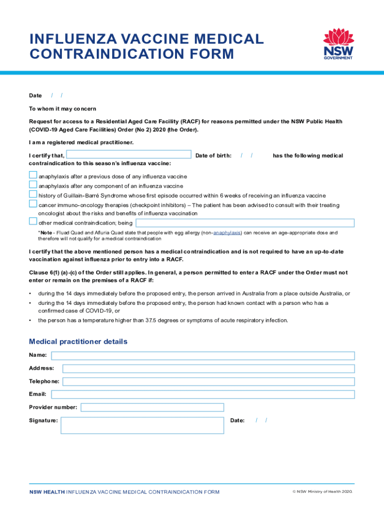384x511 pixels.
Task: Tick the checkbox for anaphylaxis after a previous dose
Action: coord(33,175)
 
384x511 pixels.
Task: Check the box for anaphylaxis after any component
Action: coord(33,185)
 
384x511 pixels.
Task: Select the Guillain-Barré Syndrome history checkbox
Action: coord(33,194)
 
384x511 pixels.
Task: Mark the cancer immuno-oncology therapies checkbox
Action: coord(33,204)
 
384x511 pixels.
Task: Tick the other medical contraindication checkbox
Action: coord(33,222)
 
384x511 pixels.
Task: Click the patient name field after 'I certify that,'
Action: coord(130,155)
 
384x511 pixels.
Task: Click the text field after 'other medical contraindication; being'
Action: coord(245,223)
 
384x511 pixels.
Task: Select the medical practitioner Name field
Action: coord(203,356)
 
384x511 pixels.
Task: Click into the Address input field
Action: coord(208,369)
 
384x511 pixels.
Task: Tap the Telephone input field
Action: coord(208,382)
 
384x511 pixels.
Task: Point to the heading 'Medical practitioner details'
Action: coord(78,342)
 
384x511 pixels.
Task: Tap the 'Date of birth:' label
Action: coord(213,156)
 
